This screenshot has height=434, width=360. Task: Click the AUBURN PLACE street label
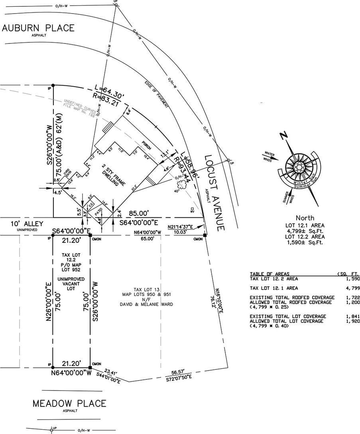(x=38, y=28)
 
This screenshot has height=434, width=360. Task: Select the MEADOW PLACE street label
(x=69, y=403)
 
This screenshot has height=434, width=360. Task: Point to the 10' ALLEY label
(x=27, y=224)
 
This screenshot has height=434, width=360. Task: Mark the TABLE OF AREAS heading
(x=268, y=274)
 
